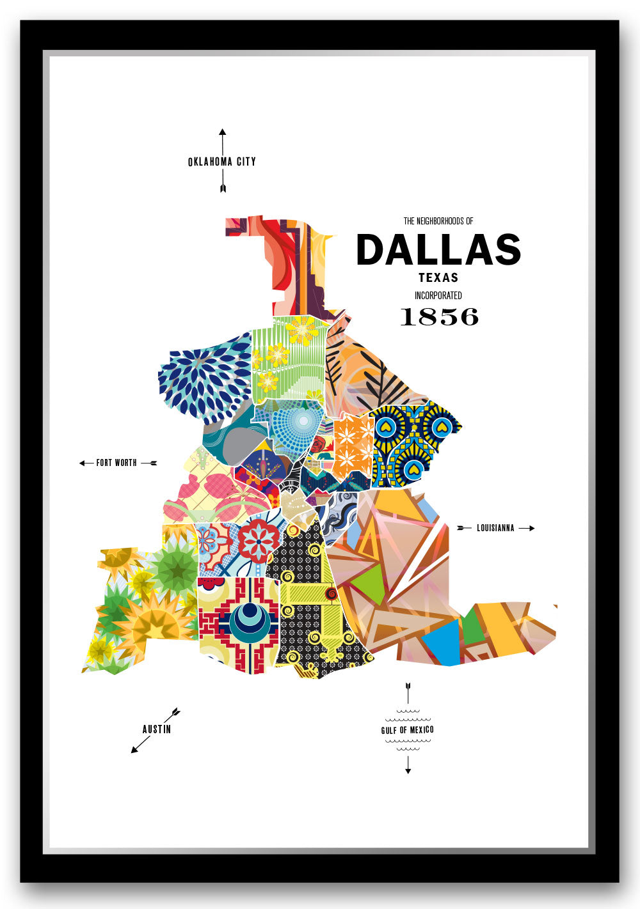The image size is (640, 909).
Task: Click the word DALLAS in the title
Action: click(438, 249)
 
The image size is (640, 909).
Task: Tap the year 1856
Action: click(439, 316)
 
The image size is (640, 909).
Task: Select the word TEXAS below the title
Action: click(438, 278)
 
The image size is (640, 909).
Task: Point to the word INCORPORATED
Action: click(438, 295)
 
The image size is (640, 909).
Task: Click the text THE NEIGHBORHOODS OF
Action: click(438, 221)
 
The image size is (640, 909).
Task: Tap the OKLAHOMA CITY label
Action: click(222, 162)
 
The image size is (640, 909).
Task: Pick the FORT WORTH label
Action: click(116, 463)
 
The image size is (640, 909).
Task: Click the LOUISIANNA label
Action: click(495, 528)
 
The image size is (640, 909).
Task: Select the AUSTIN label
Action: click(157, 729)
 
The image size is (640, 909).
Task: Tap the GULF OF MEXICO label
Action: click(408, 730)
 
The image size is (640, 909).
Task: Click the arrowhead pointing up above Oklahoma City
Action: click(223, 132)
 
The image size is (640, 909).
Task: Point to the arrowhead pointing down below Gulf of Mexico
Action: click(408, 771)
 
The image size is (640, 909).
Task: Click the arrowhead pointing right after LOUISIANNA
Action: click(531, 528)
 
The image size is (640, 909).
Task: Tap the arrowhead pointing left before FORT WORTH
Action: click(83, 463)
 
